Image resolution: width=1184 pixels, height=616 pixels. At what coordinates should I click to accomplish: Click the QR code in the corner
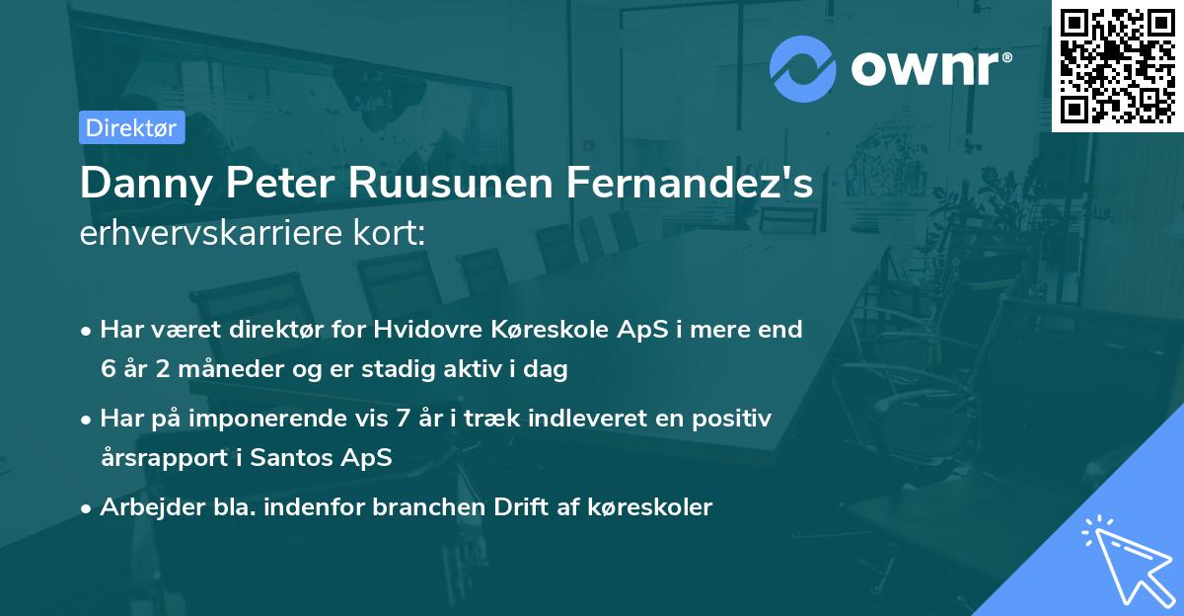1117,65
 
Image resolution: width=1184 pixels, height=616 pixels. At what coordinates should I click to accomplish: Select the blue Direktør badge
132,127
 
